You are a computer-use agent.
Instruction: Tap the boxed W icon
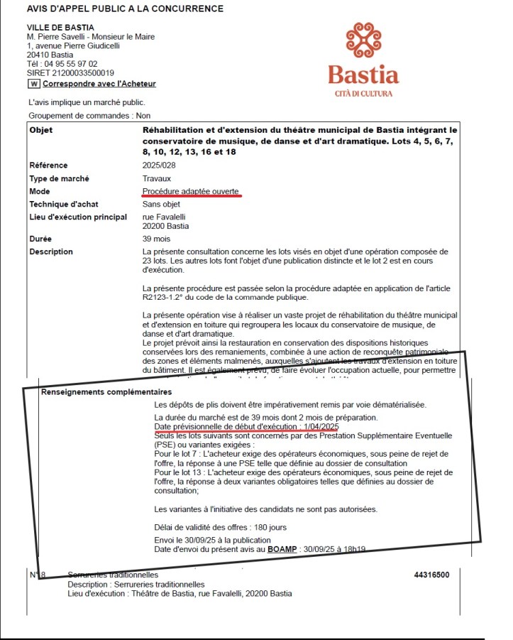coord(33,84)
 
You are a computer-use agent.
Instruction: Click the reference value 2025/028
coord(158,166)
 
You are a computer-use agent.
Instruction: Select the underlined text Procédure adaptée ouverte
coord(190,191)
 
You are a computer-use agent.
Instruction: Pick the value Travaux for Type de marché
coord(156,178)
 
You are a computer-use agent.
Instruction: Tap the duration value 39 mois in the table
coord(156,239)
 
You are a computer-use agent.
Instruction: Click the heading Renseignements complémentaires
coord(106,392)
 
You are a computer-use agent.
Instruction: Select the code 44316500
coord(431,575)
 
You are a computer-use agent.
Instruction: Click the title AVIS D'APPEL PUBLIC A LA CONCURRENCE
coord(125,9)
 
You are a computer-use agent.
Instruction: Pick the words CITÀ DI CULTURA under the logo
coord(363,94)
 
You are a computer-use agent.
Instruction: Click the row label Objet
coord(41,130)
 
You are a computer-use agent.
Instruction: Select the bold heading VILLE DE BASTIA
coord(60,27)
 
